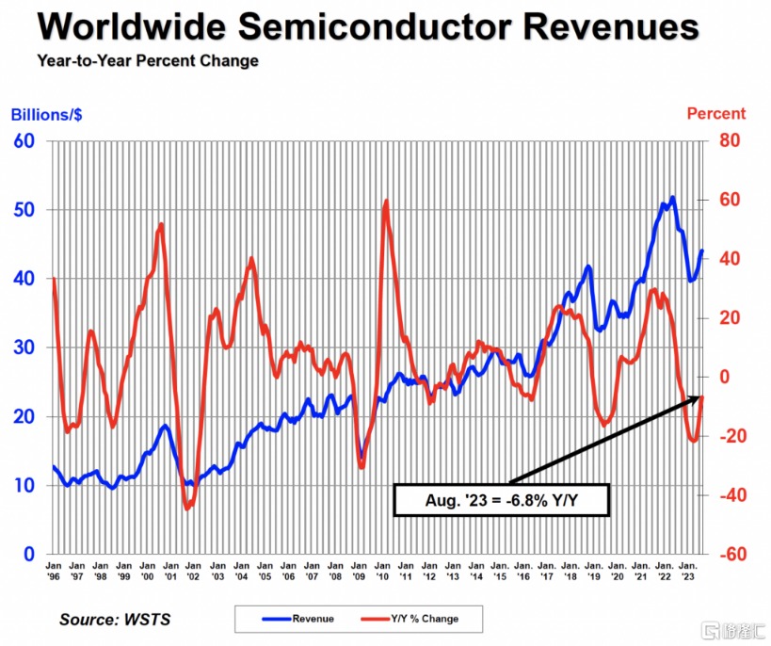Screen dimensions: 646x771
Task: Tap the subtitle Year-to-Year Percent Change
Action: pyautogui.click(x=148, y=62)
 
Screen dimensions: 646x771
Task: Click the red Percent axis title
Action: pyautogui.click(x=715, y=114)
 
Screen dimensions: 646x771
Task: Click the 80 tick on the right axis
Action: pyautogui.click(x=731, y=141)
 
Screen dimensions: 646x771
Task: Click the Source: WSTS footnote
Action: pyautogui.click(x=115, y=619)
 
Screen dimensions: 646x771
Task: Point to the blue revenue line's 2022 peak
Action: pyautogui.click(x=672, y=197)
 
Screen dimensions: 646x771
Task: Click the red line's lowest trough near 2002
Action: pyautogui.click(x=187, y=509)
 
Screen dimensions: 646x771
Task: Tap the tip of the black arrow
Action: pyautogui.click(x=703, y=397)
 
